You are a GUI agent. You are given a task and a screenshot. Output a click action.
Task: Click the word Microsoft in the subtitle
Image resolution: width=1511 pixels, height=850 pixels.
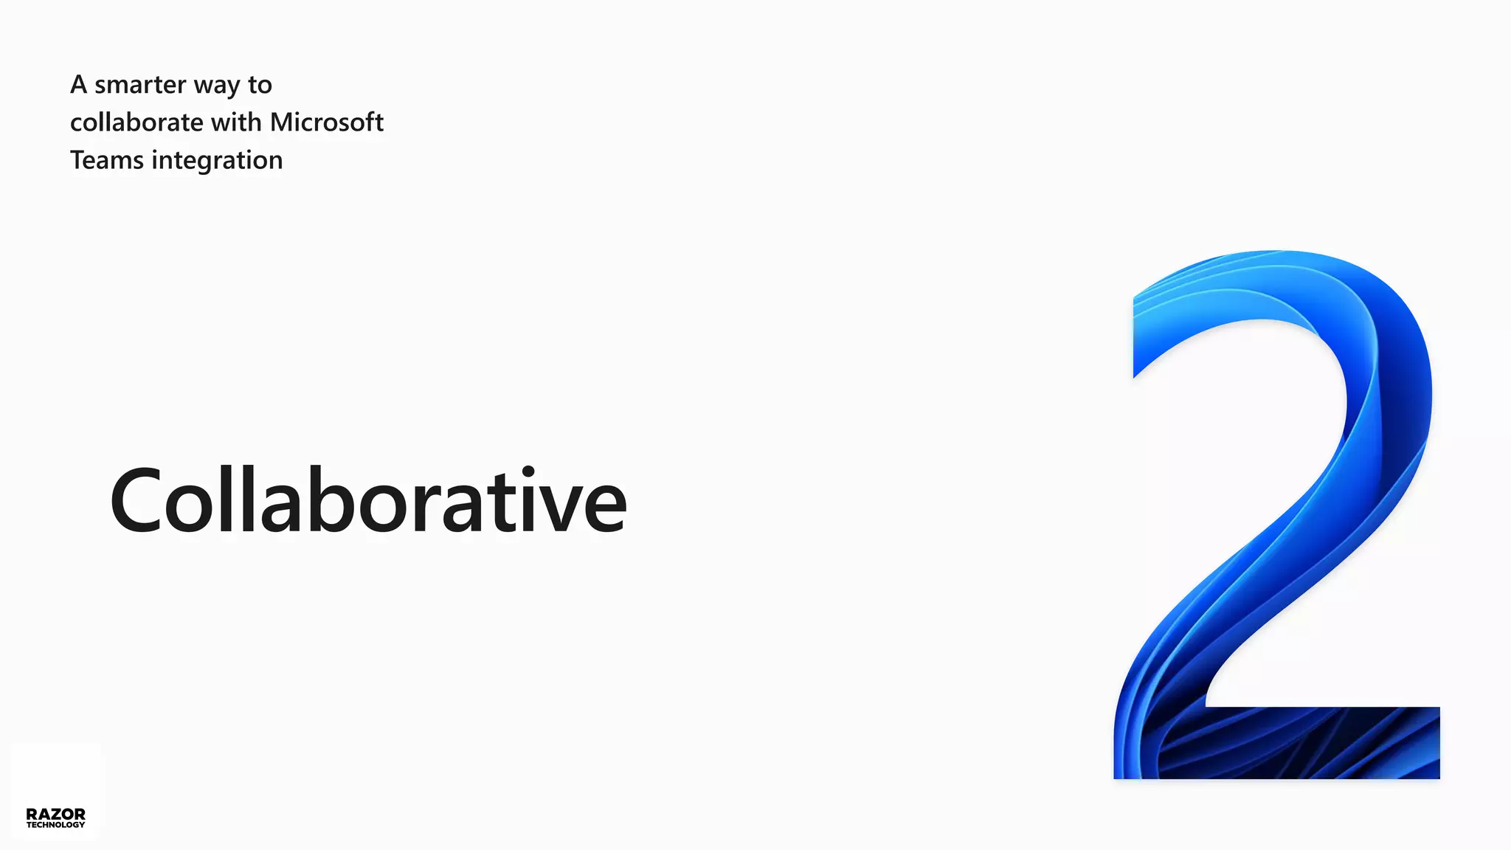[x=327, y=122]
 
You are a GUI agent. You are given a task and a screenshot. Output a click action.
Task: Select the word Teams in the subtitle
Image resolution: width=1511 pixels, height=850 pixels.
[x=106, y=160]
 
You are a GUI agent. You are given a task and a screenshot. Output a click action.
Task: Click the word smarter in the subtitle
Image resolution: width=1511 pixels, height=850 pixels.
[x=140, y=86]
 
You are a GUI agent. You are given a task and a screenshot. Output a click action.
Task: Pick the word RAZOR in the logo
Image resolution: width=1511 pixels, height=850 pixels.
[x=55, y=814]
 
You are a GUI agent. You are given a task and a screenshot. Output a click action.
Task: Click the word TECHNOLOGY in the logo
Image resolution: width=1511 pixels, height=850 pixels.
[x=55, y=825]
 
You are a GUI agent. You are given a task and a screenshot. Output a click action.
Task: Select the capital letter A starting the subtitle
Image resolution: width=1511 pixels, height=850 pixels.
[x=79, y=85]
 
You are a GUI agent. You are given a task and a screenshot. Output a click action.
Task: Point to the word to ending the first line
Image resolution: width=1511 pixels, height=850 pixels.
[x=260, y=86]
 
